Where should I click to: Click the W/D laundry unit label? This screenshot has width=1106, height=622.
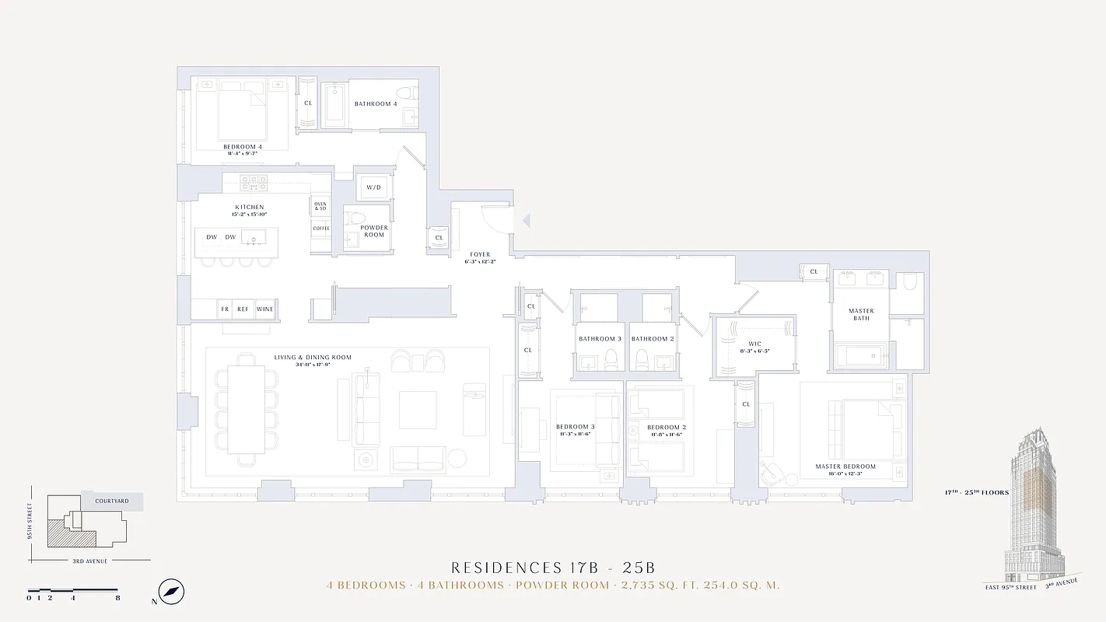coord(374,187)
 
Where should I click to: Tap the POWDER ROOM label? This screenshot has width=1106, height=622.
coord(374,231)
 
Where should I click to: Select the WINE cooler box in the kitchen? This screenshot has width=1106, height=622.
coord(264,309)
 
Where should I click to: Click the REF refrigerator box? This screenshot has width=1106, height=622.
coord(243,309)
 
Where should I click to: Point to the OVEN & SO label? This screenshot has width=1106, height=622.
coord(320,206)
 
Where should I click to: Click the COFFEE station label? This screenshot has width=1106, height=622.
coord(320,229)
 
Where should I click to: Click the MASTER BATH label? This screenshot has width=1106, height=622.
coord(861,314)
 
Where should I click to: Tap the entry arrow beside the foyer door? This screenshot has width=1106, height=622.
coord(526,222)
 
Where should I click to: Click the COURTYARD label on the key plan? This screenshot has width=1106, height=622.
coord(112,501)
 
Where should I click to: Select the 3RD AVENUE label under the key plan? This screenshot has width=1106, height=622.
coord(90,561)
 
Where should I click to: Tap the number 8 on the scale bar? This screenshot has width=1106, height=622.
coord(117,598)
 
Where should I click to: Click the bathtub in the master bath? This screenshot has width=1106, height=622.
coord(864,357)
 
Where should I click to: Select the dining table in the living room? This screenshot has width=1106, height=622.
coord(246,410)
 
